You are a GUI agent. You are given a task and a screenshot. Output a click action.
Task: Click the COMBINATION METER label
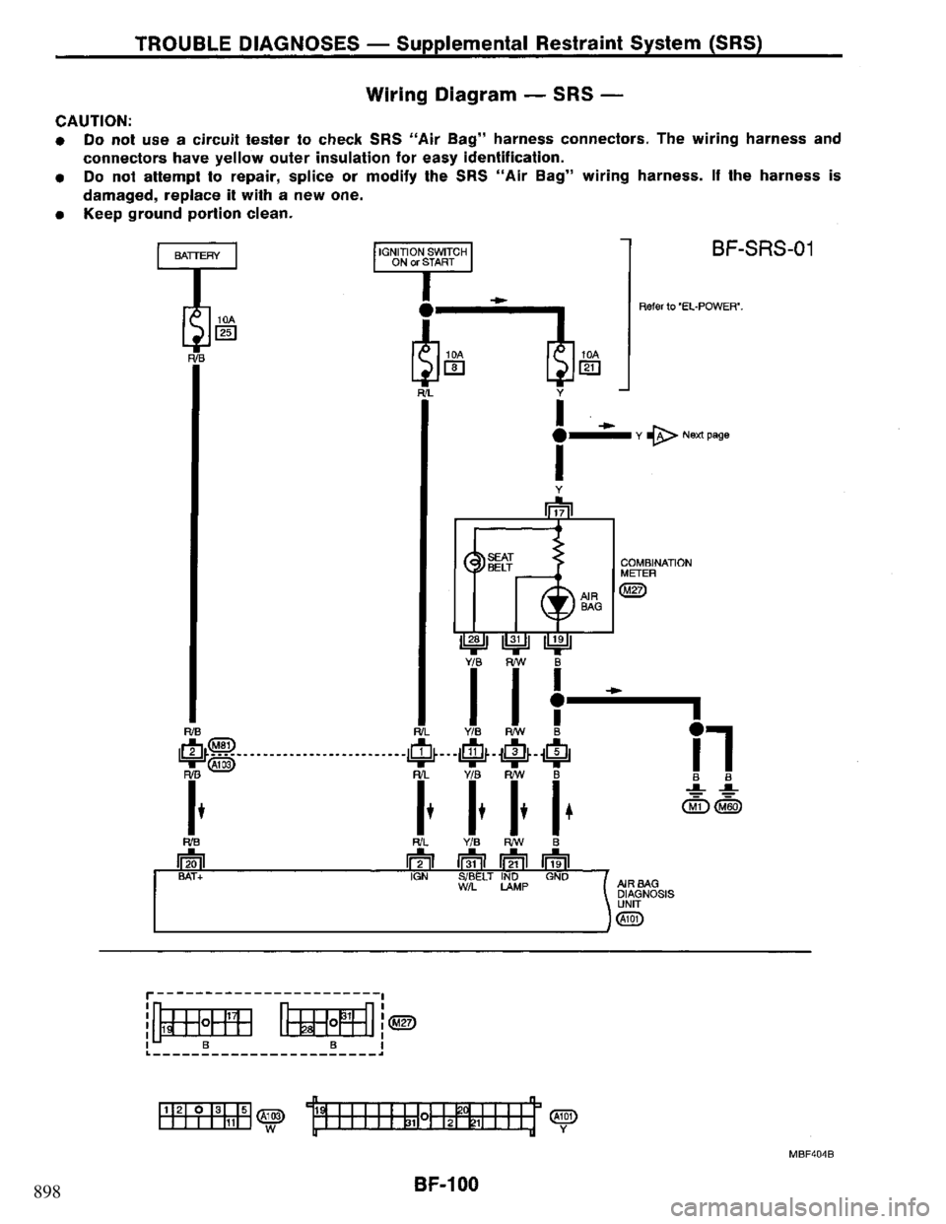click(654, 566)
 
